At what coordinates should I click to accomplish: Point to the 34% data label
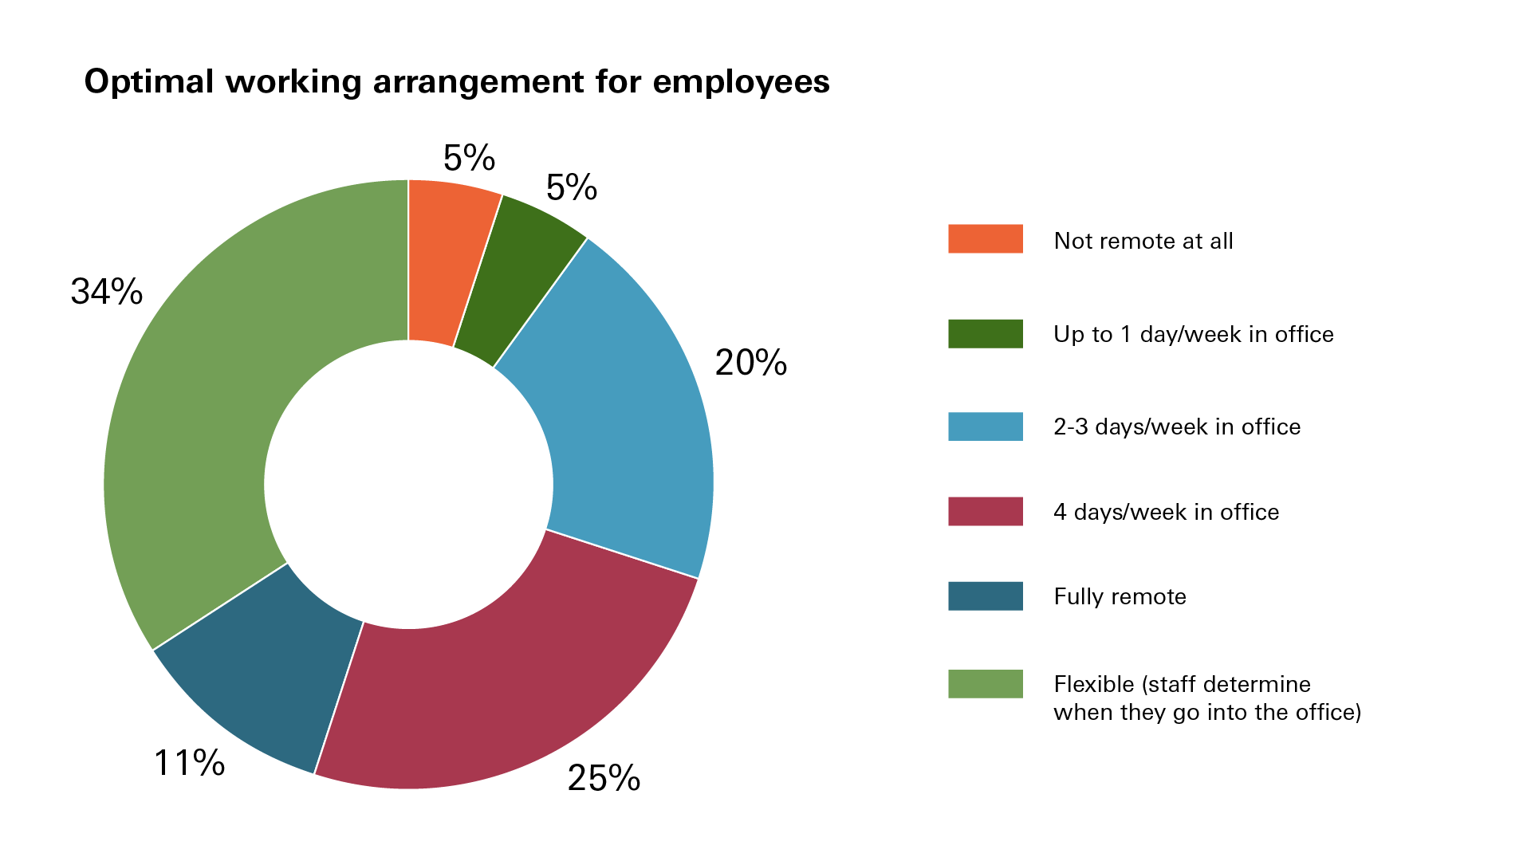coord(107,292)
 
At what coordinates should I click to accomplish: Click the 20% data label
coord(750,363)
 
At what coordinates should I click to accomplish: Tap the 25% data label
coord(604,778)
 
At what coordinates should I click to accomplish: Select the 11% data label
coord(189,763)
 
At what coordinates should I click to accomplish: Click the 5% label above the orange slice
coord(469,158)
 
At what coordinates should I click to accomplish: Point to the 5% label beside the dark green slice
coord(571,188)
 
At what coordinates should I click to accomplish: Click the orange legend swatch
coord(985,239)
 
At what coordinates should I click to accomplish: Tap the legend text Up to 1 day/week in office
coord(1193,334)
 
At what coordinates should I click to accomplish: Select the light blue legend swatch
coord(985,427)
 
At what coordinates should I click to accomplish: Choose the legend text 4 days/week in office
coord(1166,512)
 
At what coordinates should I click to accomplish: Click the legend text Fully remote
coord(1120,596)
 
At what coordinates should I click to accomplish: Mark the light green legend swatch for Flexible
coord(985,684)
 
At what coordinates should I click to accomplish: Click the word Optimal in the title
coord(149,82)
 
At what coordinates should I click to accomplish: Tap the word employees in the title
coord(741,82)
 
